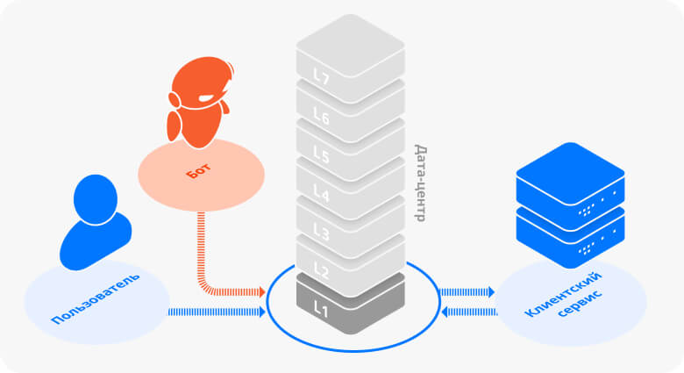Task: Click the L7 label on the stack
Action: pos(322,79)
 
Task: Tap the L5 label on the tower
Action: pos(322,156)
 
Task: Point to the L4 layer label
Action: pos(322,195)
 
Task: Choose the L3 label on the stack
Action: pos(322,233)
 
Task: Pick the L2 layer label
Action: pos(322,271)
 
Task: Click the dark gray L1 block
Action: pos(350,304)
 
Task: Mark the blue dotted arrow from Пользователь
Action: pos(216,311)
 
